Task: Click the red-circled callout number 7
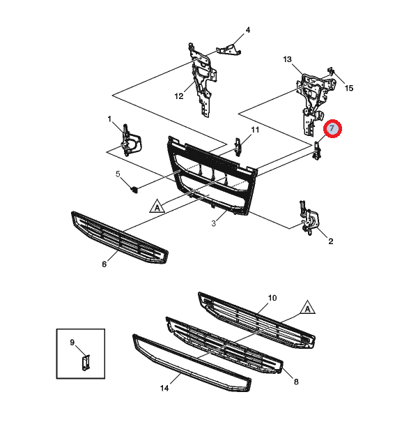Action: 333,128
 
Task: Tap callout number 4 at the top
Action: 247,30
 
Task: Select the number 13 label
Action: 287,60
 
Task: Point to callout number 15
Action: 349,88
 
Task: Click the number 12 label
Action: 178,96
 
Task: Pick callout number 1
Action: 109,119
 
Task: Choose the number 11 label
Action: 255,130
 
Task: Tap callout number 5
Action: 118,174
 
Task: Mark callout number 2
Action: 330,241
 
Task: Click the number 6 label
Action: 104,264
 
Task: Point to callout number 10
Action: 272,298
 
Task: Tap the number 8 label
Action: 295,382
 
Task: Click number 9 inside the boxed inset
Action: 72,342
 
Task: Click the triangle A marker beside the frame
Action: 157,206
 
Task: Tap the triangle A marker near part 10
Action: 307,308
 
